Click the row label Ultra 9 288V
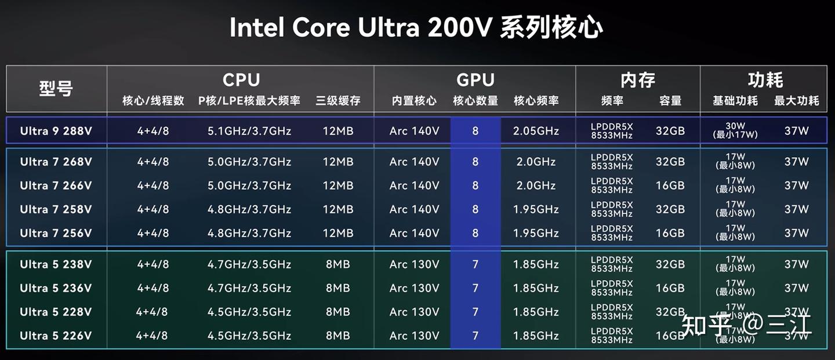click(x=56, y=131)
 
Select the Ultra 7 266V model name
click(x=56, y=186)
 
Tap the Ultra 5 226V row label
click(x=56, y=336)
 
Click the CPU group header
click(x=241, y=80)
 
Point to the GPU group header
click(x=475, y=80)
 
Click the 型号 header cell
click(x=56, y=89)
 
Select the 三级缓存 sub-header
click(x=338, y=101)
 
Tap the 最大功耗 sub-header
click(x=796, y=101)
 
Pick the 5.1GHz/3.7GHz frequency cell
click(x=249, y=131)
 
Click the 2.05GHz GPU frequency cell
click(x=536, y=131)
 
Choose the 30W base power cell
click(x=735, y=126)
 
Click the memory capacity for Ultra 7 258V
click(x=670, y=209)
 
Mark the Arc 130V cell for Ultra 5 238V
click(x=414, y=264)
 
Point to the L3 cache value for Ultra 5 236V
click(x=338, y=288)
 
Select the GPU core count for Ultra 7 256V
click(x=475, y=233)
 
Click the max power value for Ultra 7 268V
click(x=796, y=162)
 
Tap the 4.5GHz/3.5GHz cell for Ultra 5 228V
click(x=249, y=312)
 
